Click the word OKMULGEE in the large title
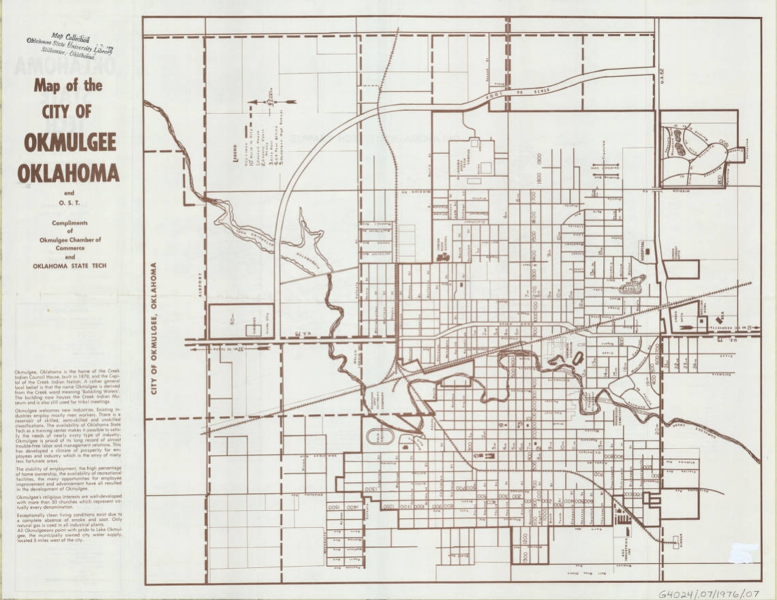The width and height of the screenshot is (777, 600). pos(70,142)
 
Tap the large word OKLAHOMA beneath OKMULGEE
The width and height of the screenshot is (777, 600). pos(68,173)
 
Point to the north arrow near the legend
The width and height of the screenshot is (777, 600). pos(271,101)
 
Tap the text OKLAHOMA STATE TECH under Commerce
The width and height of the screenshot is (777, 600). pos(68,266)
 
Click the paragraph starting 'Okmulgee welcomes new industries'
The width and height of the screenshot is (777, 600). pos(68,435)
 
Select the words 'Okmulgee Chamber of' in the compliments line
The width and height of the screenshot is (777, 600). pos(68,240)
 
